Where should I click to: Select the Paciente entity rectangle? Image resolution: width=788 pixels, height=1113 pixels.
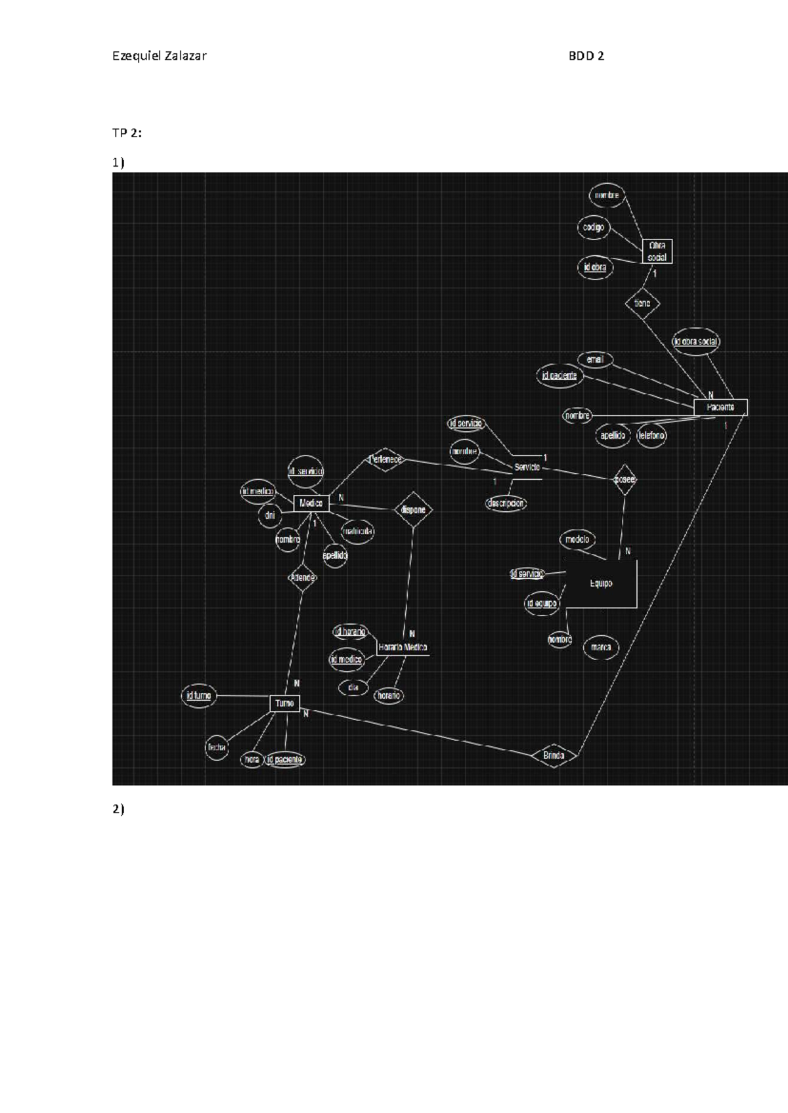pyautogui.click(x=720, y=408)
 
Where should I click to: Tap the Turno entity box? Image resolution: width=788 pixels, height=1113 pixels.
pyautogui.click(x=284, y=703)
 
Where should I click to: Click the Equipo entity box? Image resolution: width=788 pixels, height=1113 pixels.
pyautogui.click(x=600, y=583)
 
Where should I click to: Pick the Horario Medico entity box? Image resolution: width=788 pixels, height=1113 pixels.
pyautogui.click(x=403, y=648)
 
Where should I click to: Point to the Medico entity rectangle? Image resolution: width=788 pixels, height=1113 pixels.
pyautogui.click(x=311, y=503)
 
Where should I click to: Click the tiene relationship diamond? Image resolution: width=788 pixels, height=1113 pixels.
pyautogui.click(x=642, y=303)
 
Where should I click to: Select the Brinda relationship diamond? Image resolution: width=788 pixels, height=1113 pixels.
pyautogui.click(x=554, y=756)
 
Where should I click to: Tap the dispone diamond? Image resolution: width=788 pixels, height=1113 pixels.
pyautogui.click(x=413, y=510)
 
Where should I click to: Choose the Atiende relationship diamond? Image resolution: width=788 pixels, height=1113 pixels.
pyautogui.click(x=303, y=577)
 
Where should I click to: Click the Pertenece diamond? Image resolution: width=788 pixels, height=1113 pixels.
pyautogui.click(x=385, y=459)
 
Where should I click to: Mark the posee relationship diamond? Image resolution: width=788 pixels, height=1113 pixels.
pyautogui.click(x=624, y=480)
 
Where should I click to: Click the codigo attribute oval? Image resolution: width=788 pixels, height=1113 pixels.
pyautogui.click(x=593, y=228)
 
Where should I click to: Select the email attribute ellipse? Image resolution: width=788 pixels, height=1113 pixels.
pyautogui.click(x=595, y=360)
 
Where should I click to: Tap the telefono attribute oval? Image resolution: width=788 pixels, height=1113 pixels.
pyautogui.click(x=651, y=436)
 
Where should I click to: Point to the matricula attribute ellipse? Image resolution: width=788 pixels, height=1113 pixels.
pyautogui.click(x=358, y=531)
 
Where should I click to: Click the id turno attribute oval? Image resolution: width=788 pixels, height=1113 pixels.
pyautogui.click(x=198, y=696)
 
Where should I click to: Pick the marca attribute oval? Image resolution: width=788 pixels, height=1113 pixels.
pyautogui.click(x=601, y=648)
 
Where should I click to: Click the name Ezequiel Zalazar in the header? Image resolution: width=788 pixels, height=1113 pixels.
pyautogui.click(x=160, y=56)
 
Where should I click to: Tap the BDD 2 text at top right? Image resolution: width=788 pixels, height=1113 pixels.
pyautogui.click(x=586, y=56)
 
